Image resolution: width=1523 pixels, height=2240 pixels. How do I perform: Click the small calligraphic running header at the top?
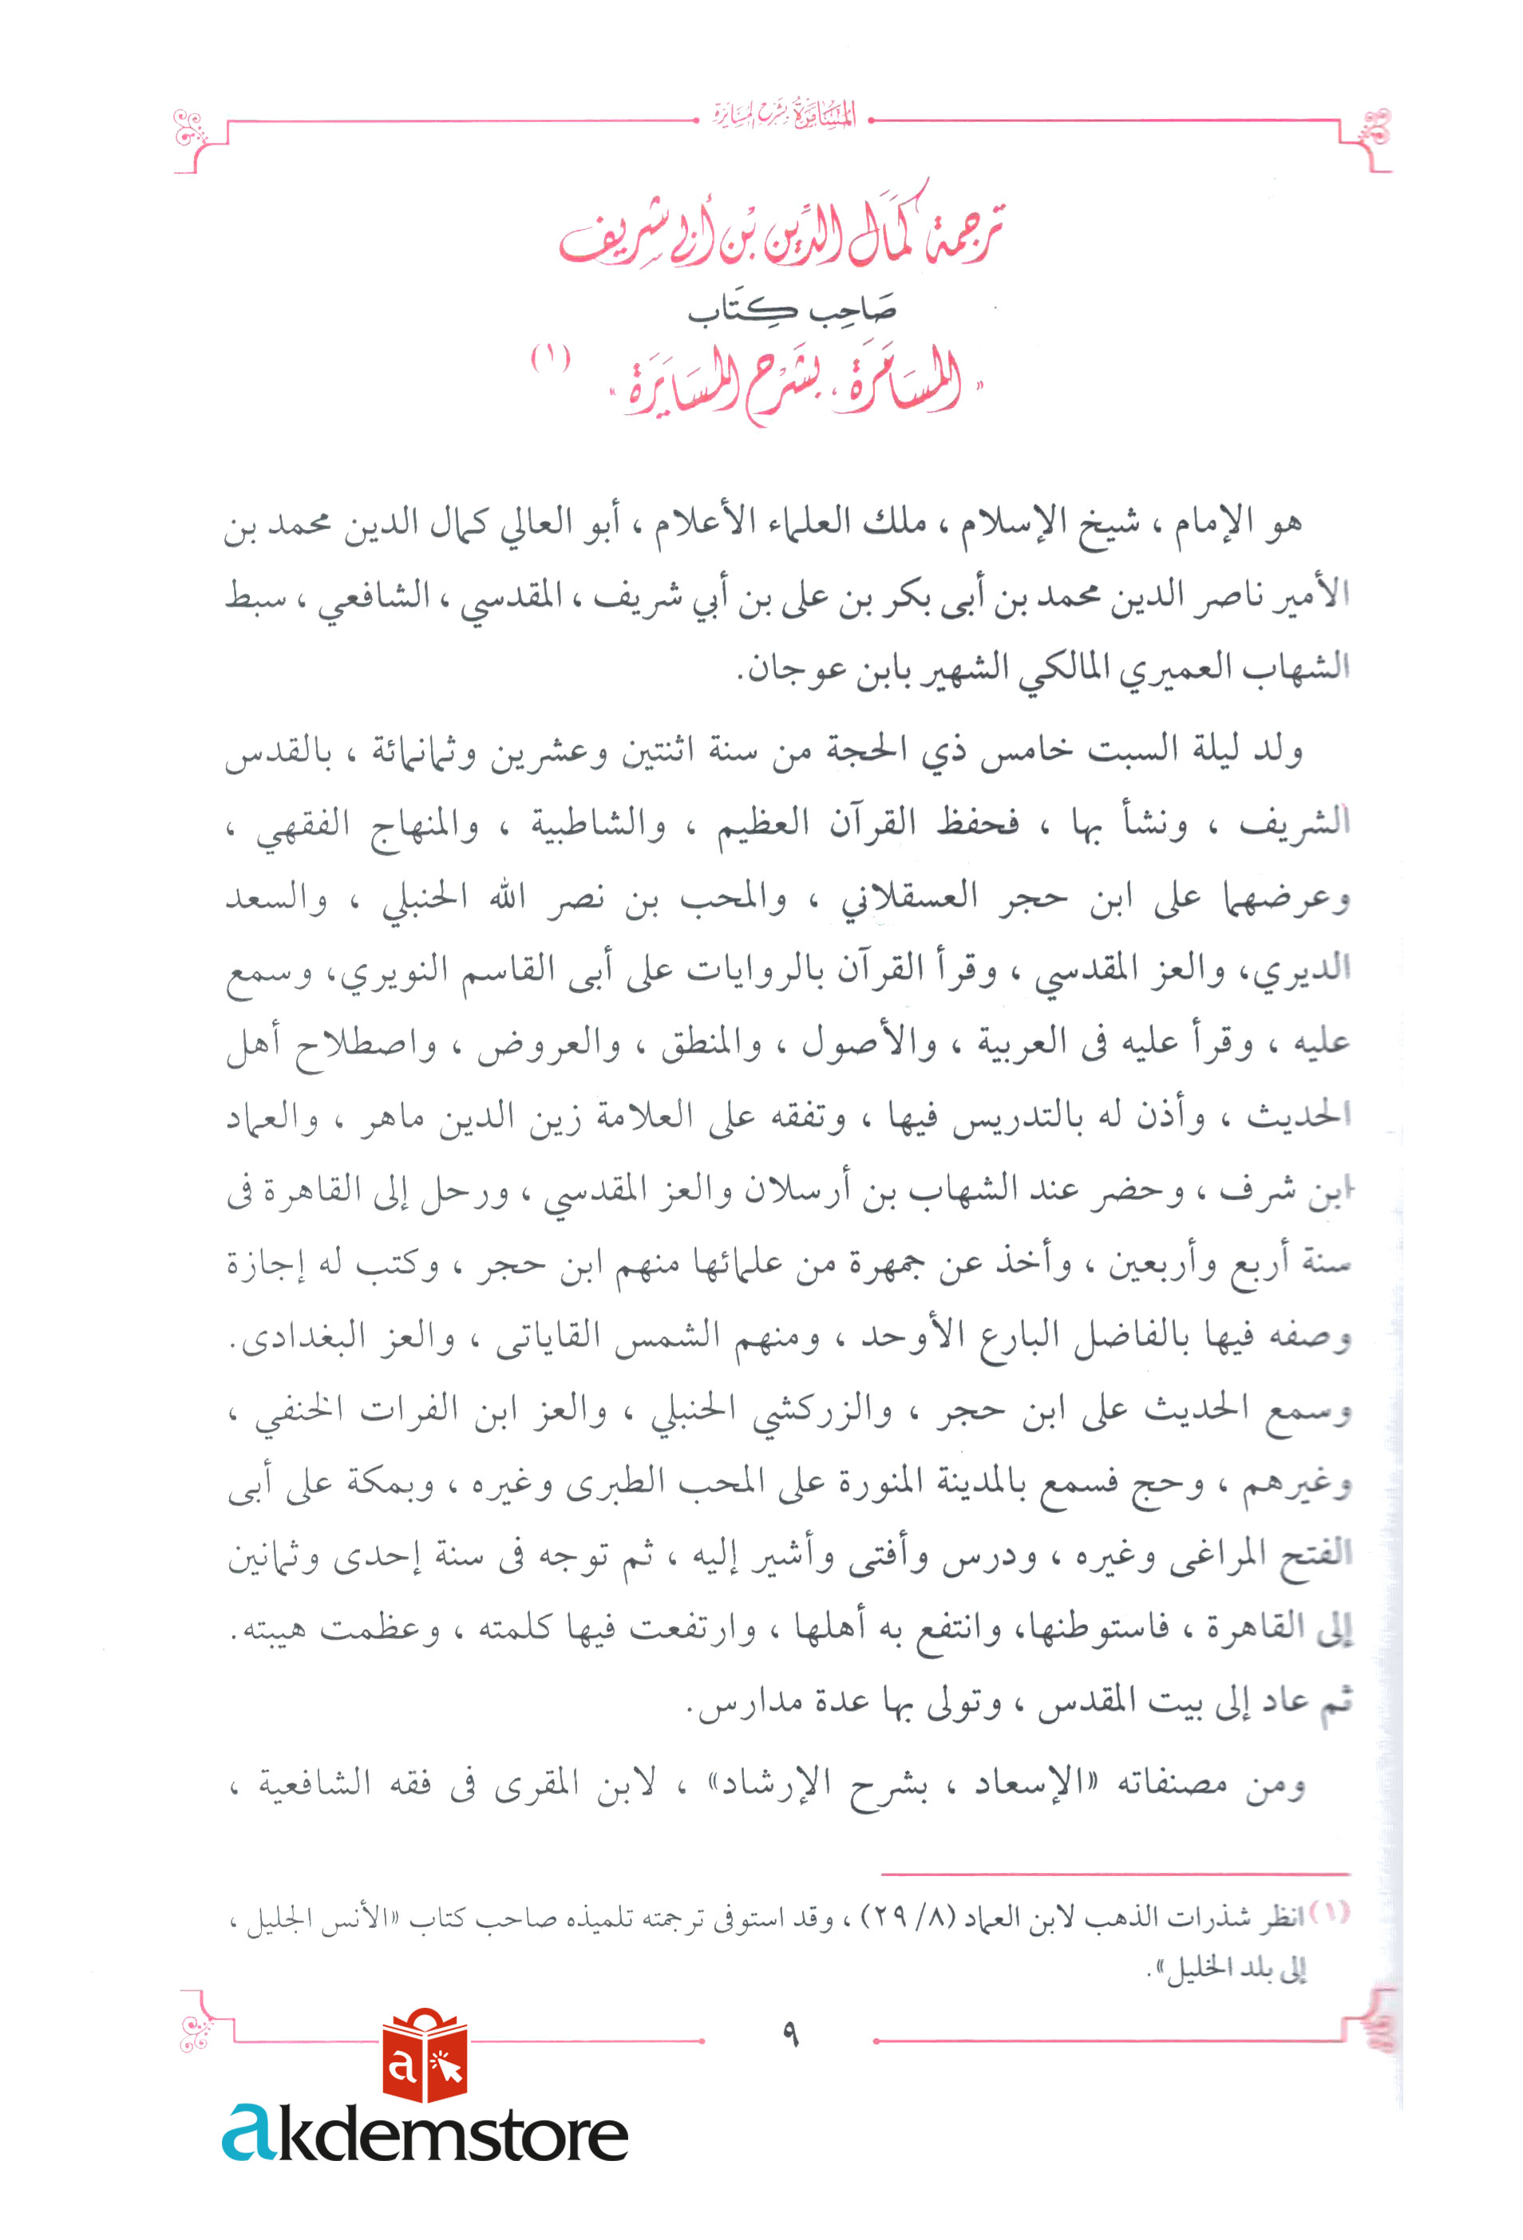784,117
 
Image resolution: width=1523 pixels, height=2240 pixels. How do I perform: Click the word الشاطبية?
598,827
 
